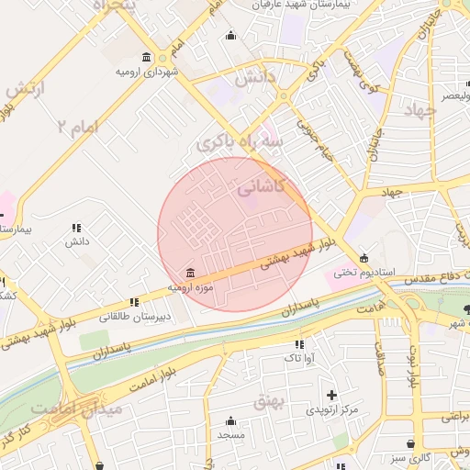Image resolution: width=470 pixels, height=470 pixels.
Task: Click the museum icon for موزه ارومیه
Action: point(190,273)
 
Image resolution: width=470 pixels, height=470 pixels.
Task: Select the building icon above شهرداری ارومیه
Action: point(147,57)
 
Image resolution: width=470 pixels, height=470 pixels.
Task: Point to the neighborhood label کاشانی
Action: point(262,187)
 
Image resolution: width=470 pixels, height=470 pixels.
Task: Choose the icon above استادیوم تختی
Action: point(364,257)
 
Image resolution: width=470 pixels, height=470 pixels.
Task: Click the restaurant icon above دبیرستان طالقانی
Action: point(135,301)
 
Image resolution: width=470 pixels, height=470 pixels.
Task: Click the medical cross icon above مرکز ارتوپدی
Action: point(331,395)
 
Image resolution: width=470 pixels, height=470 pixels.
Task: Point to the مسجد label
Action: point(230,434)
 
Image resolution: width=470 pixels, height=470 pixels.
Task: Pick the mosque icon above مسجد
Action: point(230,420)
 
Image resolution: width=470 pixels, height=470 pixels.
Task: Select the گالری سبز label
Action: point(408,456)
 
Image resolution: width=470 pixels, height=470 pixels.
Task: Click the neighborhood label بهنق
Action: point(297,401)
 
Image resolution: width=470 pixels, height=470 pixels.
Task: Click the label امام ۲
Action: point(76,126)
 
